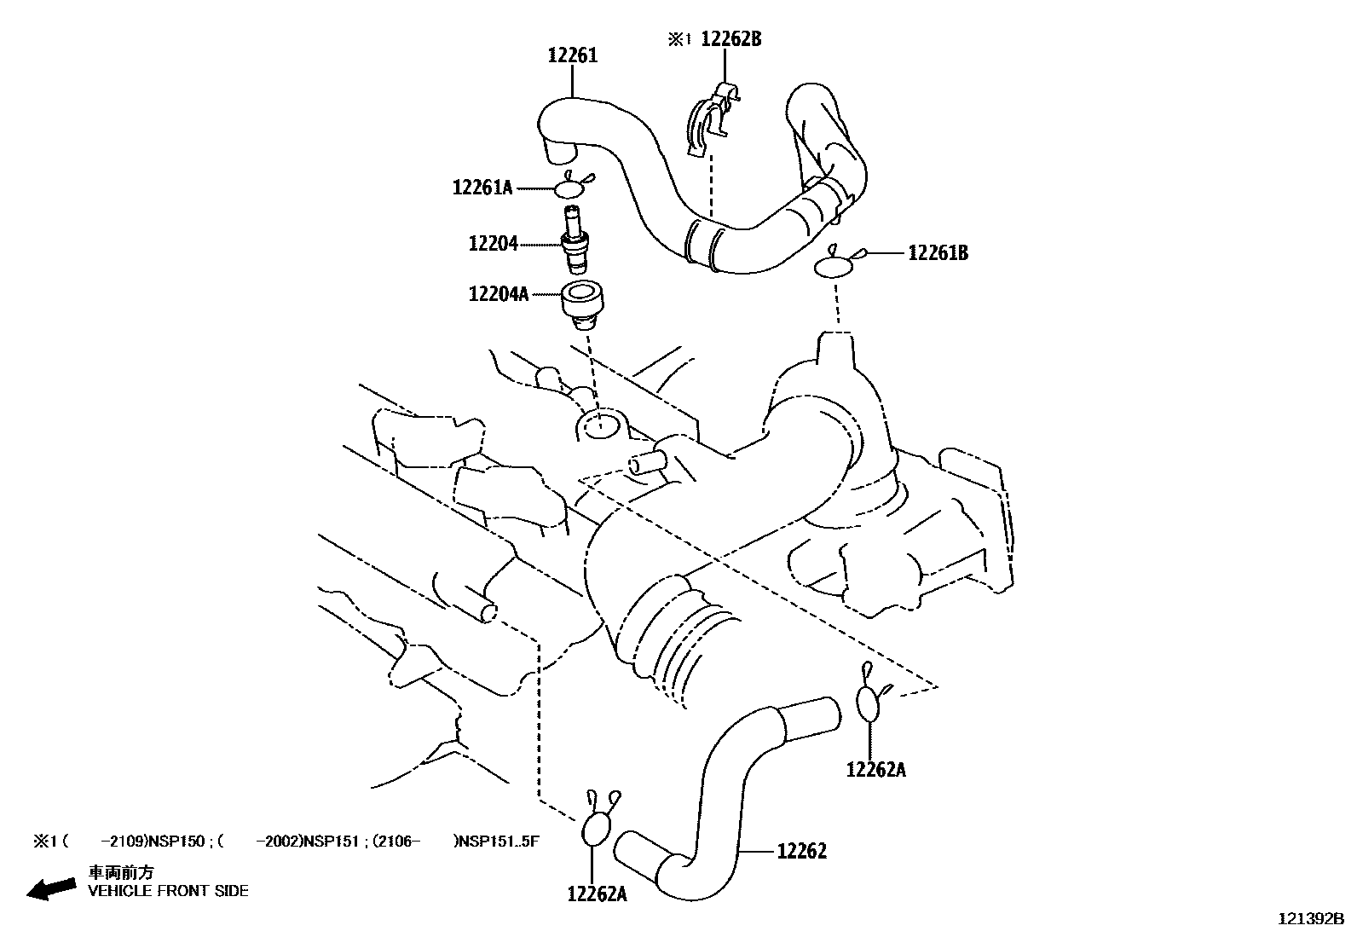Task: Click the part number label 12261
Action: click(x=572, y=56)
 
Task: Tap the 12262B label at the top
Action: click(x=730, y=39)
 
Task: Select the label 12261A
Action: click(x=482, y=188)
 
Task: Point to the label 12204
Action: click(x=493, y=244)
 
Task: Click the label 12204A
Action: click(x=499, y=295)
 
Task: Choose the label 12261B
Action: click(x=938, y=253)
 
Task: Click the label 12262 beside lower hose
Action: click(x=801, y=851)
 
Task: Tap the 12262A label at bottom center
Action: click(x=597, y=894)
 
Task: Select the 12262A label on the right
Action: click(x=875, y=770)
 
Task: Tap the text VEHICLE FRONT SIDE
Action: click(x=169, y=891)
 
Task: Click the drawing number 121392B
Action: click(x=1310, y=919)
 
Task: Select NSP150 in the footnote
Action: click(x=176, y=842)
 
